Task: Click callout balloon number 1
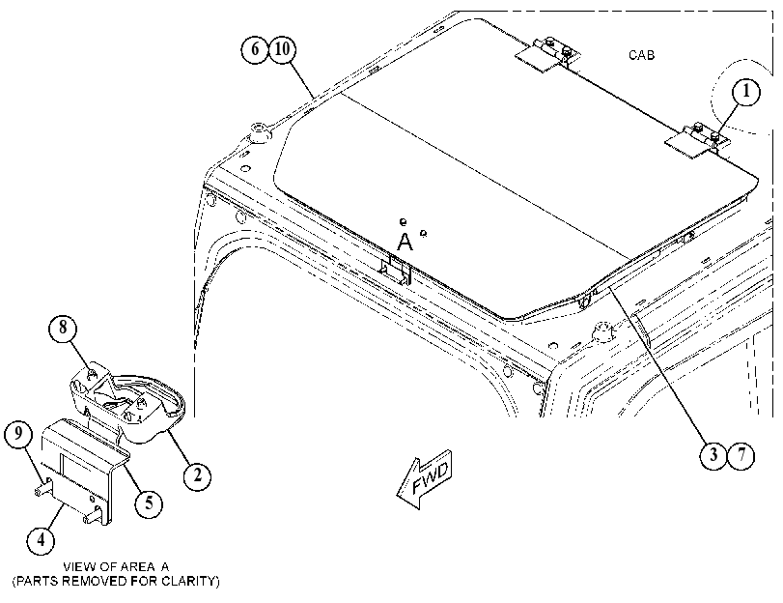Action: pyautogui.click(x=746, y=93)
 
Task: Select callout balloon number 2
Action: pyautogui.click(x=197, y=474)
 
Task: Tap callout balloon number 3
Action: pyautogui.click(x=713, y=455)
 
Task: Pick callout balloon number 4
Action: pyautogui.click(x=41, y=540)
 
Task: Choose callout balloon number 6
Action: pyautogui.click(x=255, y=49)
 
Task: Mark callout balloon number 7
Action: pyautogui.click(x=741, y=455)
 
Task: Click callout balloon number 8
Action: pyautogui.click(x=63, y=328)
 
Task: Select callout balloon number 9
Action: pyautogui.click(x=18, y=433)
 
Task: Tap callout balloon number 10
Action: pyautogui.click(x=283, y=49)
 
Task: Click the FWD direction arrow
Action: pyautogui.click(x=425, y=479)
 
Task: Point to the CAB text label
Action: pyautogui.click(x=642, y=55)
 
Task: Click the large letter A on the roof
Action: pyautogui.click(x=405, y=242)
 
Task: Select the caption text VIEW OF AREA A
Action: pyautogui.click(x=116, y=566)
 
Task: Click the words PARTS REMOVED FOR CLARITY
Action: pyautogui.click(x=116, y=581)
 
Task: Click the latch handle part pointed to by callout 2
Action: pyautogui.click(x=127, y=399)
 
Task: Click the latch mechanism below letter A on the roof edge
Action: pyautogui.click(x=396, y=270)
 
